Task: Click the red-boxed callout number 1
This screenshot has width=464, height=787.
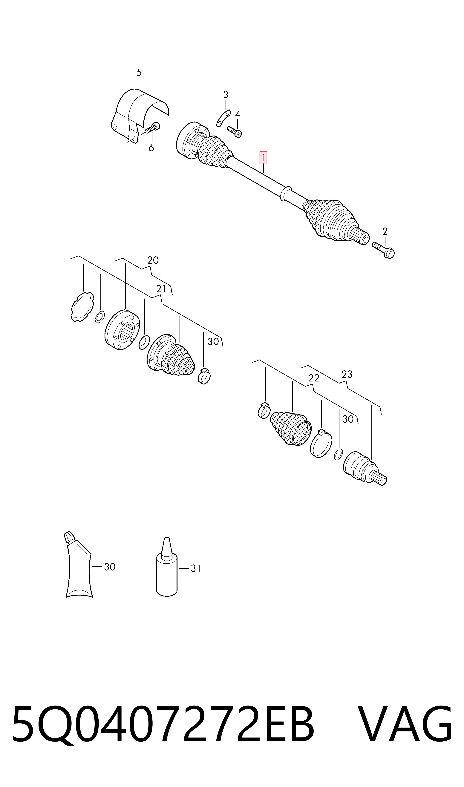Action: pyautogui.click(x=263, y=158)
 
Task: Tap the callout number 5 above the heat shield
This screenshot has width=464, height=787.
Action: pyautogui.click(x=139, y=73)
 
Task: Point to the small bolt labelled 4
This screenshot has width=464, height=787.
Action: pyautogui.click(x=235, y=132)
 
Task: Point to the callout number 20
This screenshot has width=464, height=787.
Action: pyautogui.click(x=153, y=260)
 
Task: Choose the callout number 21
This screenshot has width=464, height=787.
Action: pyautogui.click(x=161, y=289)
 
